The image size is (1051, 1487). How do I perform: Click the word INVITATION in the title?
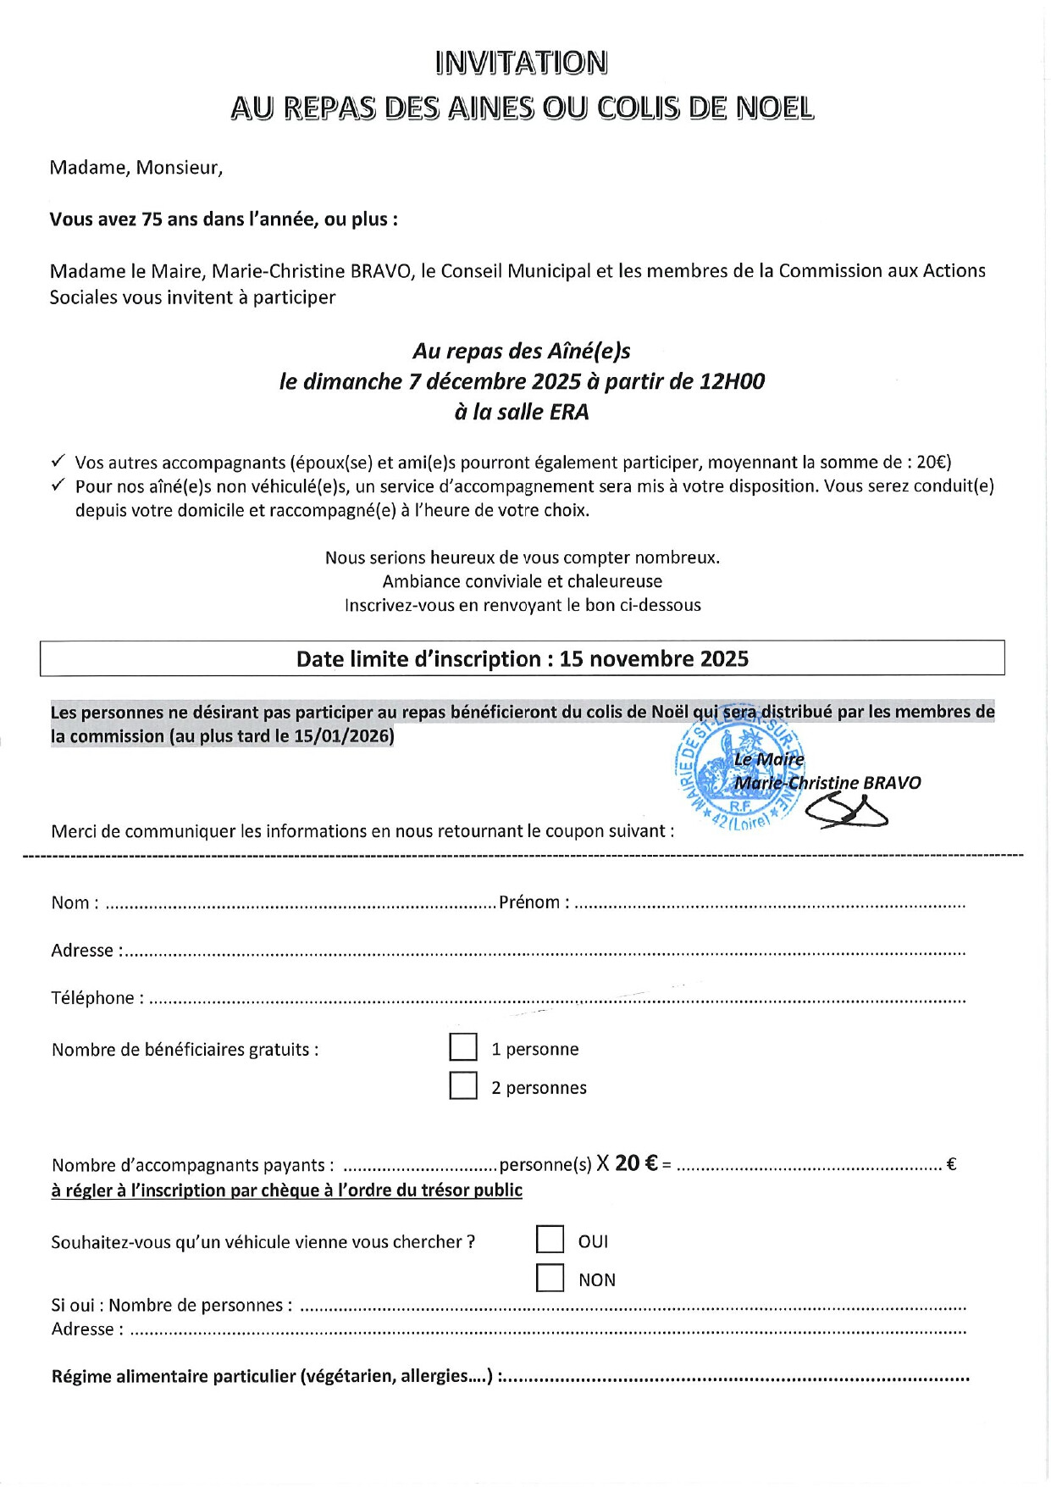522,63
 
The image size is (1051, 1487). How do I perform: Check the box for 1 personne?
463,1047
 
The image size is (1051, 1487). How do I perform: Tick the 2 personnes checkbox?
463,1085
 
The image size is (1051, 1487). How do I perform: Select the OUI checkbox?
550,1240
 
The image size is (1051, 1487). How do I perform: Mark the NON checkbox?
550,1278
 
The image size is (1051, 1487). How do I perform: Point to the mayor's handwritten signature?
846,813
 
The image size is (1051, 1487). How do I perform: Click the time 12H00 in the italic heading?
732,381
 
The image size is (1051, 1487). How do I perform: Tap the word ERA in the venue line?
569,413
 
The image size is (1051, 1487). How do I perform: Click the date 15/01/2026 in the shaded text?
342,736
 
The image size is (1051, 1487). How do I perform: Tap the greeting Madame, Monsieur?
136,168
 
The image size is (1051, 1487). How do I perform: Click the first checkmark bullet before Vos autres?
58,462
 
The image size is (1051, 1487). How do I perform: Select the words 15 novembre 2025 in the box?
654,659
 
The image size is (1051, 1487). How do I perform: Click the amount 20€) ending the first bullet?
933,463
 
